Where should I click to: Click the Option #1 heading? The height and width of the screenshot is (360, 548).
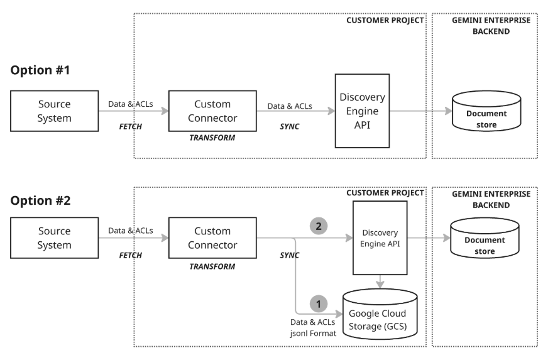pos(40,70)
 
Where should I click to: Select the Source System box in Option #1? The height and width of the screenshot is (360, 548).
pos(54,111)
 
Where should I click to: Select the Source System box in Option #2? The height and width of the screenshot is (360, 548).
pos(54,237)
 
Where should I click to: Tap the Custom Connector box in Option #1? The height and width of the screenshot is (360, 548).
pos(212,111)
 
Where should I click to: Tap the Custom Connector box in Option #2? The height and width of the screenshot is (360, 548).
pos(212,237)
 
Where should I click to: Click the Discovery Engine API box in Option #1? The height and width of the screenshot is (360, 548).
pos(361,111)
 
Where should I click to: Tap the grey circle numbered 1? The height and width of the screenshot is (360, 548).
pos(318,304)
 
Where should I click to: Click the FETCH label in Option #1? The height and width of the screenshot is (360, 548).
pos(130,126)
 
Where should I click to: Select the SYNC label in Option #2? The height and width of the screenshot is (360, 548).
pos(289,255)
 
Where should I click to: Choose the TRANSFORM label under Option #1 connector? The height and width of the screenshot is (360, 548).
pos(212,138)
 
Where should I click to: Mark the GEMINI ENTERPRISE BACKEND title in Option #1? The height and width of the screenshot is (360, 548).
pos(491,25)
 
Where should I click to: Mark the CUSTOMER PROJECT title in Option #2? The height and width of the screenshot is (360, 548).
pos(385,193)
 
